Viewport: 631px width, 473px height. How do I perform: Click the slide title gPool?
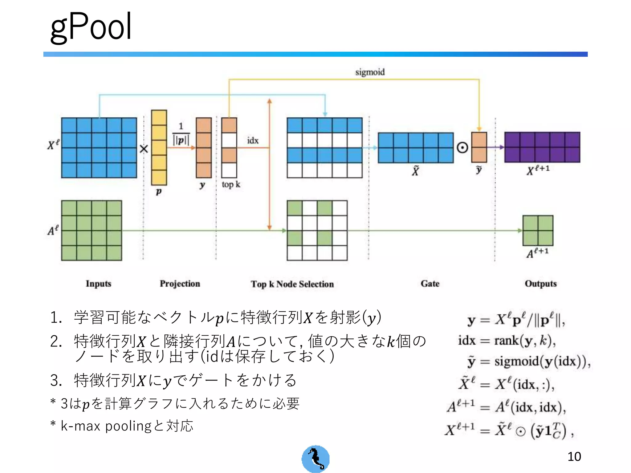91,27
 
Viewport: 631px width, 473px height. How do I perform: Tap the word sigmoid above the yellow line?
370,72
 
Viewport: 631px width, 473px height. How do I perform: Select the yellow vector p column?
159,148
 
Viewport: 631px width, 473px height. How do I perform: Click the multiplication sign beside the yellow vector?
144,149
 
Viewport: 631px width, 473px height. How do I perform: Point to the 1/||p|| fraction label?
181,135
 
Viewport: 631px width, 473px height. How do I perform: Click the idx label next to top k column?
253,141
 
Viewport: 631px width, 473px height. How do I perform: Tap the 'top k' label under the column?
231,184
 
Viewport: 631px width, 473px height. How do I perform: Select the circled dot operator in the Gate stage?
462,148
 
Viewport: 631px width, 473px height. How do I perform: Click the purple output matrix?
542,147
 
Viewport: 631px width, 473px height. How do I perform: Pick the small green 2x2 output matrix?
538,230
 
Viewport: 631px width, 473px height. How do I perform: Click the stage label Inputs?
98,284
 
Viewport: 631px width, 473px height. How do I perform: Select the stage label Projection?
180,284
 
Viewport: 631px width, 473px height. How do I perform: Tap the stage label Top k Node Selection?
292,284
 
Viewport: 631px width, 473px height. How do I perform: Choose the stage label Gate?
430,284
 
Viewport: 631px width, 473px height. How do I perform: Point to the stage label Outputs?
541,284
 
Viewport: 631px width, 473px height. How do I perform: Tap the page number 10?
574,456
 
